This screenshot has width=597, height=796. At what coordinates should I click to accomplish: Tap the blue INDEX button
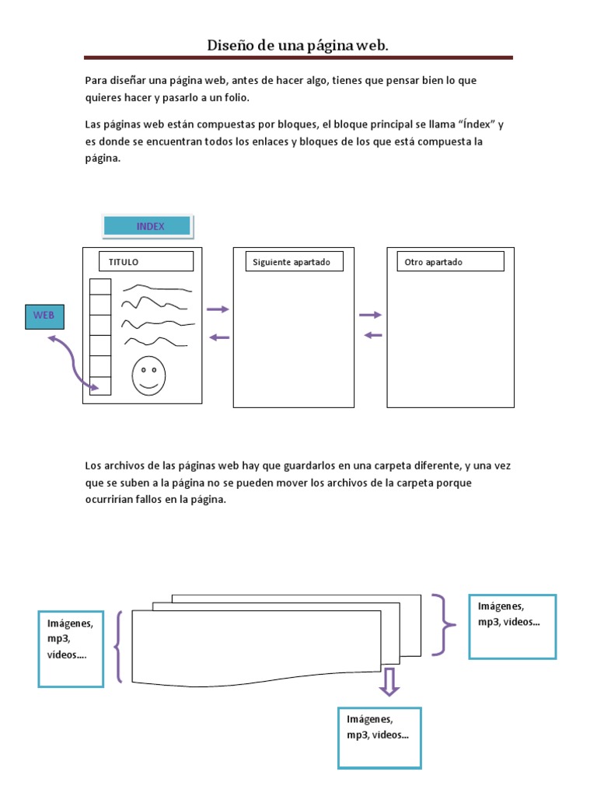[148, 226]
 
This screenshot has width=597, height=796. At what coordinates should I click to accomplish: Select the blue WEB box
[44, 316]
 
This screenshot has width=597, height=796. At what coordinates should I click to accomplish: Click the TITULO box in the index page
[145, 262]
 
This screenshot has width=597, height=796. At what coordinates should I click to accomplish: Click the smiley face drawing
[148, 375]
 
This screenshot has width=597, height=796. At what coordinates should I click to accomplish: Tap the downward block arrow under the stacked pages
[389, 682]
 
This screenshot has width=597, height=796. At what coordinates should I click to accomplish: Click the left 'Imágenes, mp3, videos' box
[71, 648]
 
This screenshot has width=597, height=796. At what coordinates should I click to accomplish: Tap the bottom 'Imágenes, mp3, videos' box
[379, 737]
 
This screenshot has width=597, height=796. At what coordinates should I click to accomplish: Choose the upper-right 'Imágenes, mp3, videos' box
[512, 626]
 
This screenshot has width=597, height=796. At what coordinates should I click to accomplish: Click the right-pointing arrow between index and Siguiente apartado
[218, 309]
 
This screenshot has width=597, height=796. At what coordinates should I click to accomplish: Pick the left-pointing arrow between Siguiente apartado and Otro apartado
[374, 335]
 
